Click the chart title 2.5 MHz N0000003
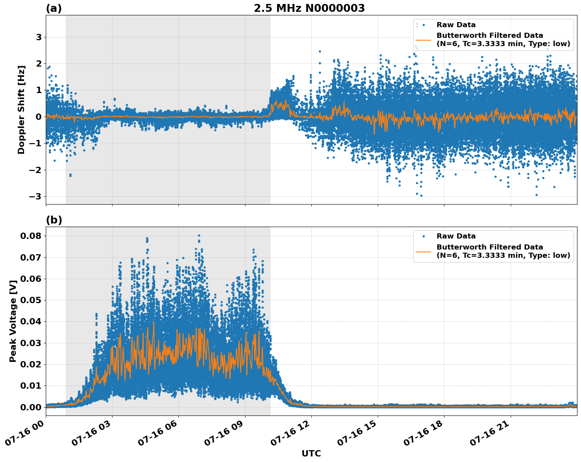(309, 8)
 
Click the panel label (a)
(54, 8)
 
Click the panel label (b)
(54, 220)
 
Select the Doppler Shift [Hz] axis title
(21, 110)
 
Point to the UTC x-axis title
(311, 453)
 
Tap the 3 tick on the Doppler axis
(39, 37)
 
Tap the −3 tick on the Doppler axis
(36, 197)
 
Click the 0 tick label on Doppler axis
(39, 117)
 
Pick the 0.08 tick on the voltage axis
(30, 236)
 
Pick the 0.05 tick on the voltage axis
(30, 300)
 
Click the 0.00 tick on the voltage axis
(30, 407)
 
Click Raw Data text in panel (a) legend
(456, 25)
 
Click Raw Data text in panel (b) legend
(456, 236)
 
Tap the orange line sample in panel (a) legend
(424, 40)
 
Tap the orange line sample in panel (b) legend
(424, 251)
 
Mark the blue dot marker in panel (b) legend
(424, 236)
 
